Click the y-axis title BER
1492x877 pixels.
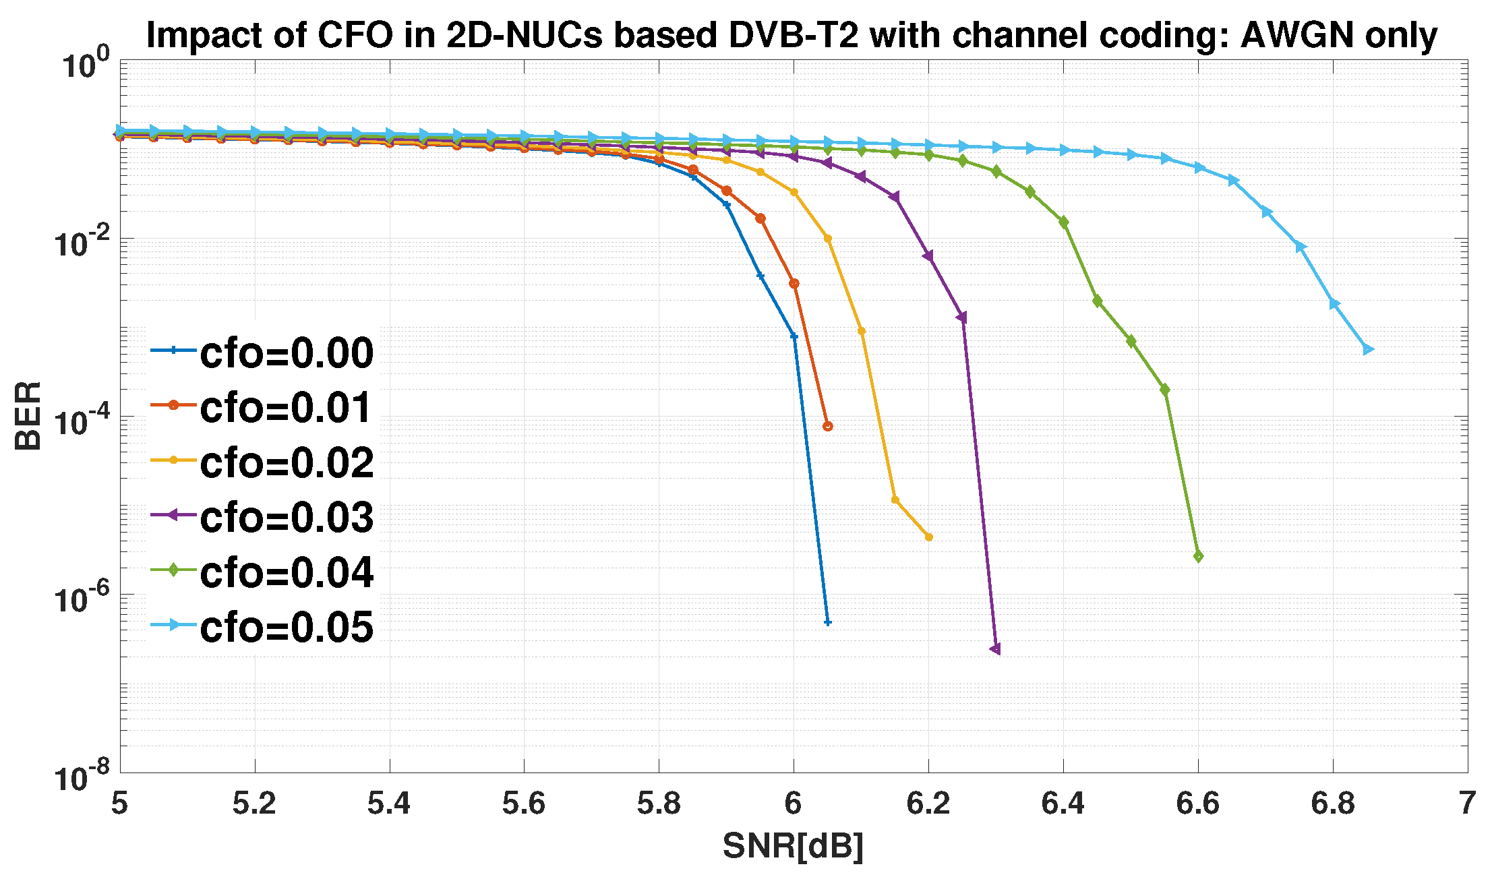tap(28, 415)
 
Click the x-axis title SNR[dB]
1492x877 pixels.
tap(793, 845)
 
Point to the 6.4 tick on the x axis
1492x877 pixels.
tap(1063, 804)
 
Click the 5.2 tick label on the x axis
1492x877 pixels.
tap(254, 804)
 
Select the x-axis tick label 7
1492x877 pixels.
tap(1467, 804)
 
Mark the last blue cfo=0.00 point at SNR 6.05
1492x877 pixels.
tap(828, 622)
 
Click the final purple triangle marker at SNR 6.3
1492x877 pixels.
tap(996, 648)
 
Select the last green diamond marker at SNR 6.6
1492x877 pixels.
tap(1198, 556)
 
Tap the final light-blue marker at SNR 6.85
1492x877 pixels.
tap(1367, 349)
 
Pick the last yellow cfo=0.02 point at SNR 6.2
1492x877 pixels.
tap(929, 537)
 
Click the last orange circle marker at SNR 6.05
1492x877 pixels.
tap(828, 426)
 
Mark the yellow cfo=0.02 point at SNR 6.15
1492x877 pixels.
tap(895, 500)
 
